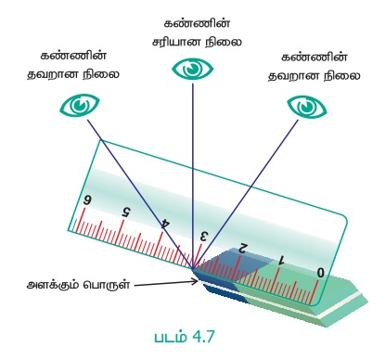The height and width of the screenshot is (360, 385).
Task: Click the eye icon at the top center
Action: click(x=192, y=70)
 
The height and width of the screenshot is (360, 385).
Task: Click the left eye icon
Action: click(x=80, y=105)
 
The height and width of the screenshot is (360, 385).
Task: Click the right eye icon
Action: click(x=307, y=107)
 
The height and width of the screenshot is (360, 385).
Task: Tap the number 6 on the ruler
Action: click(x=87, y=199)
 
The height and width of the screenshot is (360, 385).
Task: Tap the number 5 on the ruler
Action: click(x=126, y=212)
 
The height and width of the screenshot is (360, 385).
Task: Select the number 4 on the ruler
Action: click(x=166, y=224)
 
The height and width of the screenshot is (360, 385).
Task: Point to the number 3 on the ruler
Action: click(x=203, y=237)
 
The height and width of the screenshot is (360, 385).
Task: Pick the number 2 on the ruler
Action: click(x=243, y=248)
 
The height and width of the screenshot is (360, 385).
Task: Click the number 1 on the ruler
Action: click(x=281, y=260)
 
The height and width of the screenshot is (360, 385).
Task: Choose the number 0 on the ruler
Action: click(x=321, y=273)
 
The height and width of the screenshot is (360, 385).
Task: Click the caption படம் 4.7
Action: click(x=185, y=337)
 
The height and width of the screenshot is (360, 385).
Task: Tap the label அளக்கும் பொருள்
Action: click(x=78, y=285)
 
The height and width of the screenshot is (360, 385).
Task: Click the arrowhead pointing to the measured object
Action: click(x=196, y=282)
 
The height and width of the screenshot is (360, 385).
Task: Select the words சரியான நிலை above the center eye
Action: click(x=197, y=42)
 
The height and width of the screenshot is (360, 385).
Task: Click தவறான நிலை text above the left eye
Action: click(x=73, y=74)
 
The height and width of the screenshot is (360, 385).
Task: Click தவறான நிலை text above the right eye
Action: click(x=314, y=76)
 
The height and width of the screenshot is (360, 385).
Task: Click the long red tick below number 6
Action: click(x=81, y=221)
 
